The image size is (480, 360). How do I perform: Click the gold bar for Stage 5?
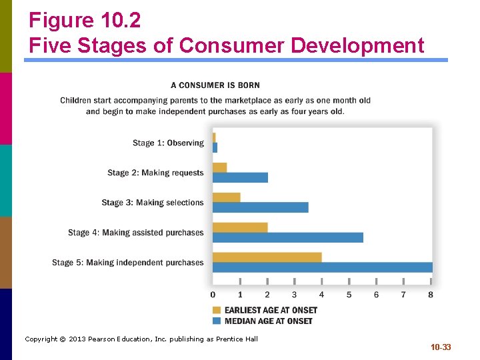(x=267, y=257)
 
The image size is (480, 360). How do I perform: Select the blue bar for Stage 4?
(x=288, y=237)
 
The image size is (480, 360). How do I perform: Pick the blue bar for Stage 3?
(x=261, y=207)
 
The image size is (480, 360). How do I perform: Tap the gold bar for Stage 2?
(x=220, y=167)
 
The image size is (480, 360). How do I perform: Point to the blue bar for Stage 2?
(x=240, y=177)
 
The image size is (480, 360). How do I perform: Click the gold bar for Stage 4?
(x=240, y=227)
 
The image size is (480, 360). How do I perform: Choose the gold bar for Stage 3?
(x=227, y=197)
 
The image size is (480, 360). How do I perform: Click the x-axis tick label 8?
(x=431, y=295)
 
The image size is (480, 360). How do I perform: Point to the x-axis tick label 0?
(x=213, y=295)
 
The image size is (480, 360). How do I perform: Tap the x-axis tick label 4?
(x=321, y=295)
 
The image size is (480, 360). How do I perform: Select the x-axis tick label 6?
(x=376, y=295)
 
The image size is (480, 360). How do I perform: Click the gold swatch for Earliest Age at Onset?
(x=217, y=310)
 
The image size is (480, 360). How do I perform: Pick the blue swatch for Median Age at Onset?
(x=217, y=321)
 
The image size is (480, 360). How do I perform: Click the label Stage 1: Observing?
(x=168, y=143)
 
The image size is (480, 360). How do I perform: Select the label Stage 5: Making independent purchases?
(x=128, y=263)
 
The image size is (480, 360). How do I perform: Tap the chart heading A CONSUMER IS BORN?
(x=215, y=85)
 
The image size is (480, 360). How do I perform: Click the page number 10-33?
(x=441, y=347)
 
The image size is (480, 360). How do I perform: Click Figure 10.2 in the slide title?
(x=85, y=21)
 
